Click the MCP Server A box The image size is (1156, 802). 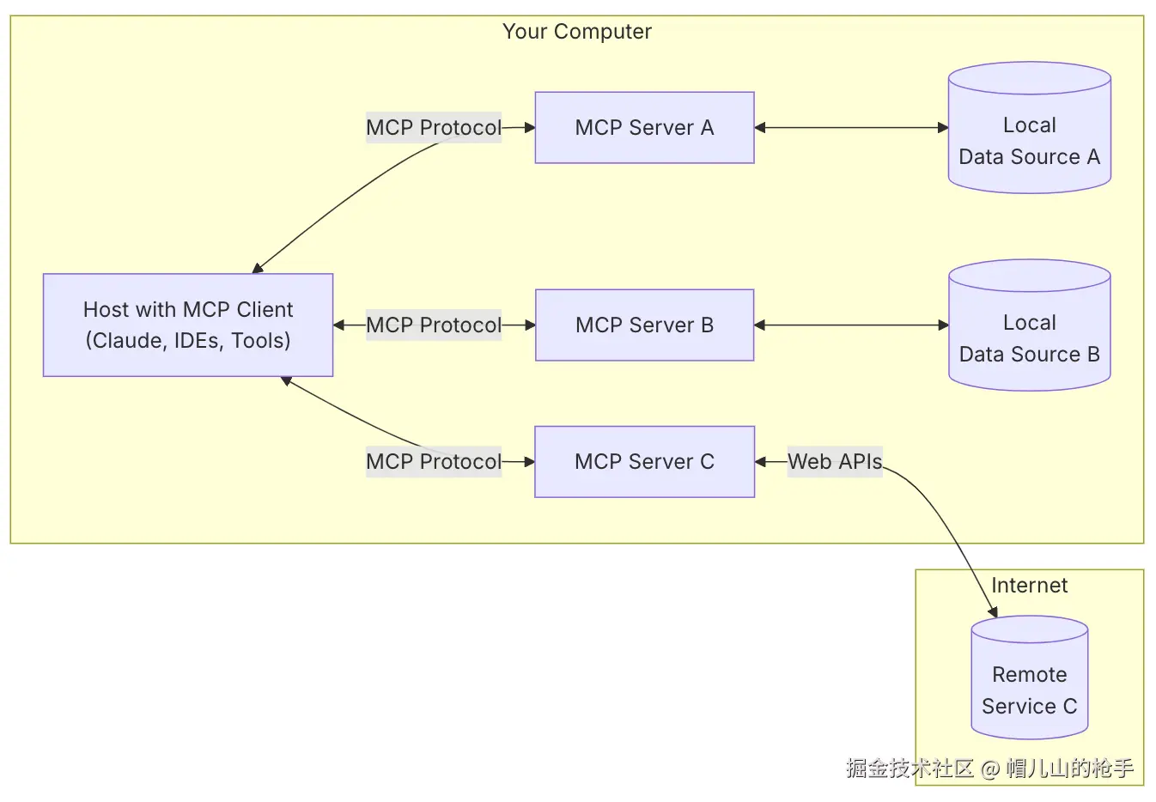(x=644, y=128)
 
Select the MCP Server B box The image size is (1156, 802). (x=644, y=325)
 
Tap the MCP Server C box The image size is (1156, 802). (x=644, y=462)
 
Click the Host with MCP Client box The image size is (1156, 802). (x=188, y=325)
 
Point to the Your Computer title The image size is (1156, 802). (x=577, y=32)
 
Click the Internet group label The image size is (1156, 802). (x=1029, y=586)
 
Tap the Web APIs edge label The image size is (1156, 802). (x=835, y=462)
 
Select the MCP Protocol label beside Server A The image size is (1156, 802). (x=433, y=128)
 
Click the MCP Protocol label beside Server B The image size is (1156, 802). (x=433, y=325)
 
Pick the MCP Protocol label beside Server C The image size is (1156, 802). (x=433, y=462)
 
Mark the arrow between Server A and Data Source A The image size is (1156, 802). (x=851, y=128)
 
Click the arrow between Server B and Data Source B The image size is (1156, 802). (x=851, y=325)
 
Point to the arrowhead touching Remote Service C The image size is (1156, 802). (x=994, y=612)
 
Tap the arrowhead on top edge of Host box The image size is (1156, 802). (x=257, y=269)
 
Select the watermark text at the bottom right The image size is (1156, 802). (x=989, y=768)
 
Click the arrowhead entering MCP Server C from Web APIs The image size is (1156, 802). (x=760, y=462)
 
